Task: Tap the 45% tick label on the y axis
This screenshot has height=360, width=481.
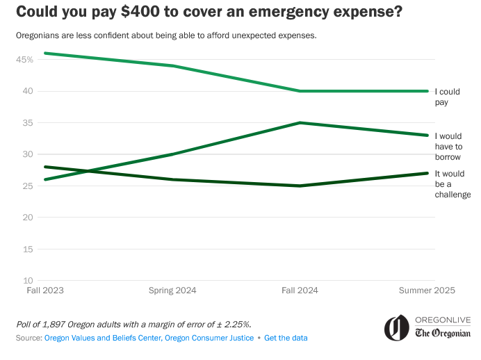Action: point(25,59)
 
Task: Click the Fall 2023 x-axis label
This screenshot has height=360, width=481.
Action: point(44,290)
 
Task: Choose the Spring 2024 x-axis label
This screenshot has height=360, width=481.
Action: point(172,290)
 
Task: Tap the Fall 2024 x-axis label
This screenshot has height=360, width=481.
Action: point(300,290)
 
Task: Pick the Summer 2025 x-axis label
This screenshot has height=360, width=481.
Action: point(427,290)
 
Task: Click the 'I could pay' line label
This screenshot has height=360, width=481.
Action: point(446,97)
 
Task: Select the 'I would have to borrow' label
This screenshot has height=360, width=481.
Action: point(448,147)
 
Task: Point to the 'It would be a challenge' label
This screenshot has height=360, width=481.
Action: point(452,183)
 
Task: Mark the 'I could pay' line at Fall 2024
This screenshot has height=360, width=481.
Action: point(300,91)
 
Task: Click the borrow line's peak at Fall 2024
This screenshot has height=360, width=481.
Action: point(300,123)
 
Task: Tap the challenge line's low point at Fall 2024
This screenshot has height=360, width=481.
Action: point(300,186)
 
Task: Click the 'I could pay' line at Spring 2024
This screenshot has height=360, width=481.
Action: point(172,66)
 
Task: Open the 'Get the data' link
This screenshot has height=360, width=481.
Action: point(286,338)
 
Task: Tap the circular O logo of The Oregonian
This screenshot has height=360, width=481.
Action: point(396,327)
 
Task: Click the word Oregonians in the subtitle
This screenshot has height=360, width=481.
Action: point(38,35)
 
